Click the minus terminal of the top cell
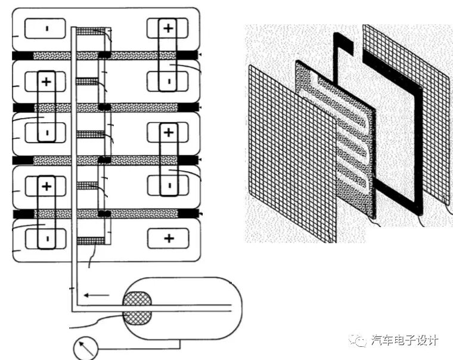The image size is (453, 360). [46, 28]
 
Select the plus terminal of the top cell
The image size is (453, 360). [168, 27]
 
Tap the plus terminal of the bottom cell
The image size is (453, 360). [169, 239]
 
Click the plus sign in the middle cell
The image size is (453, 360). [168, 132]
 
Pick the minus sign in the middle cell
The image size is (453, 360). [46, 134]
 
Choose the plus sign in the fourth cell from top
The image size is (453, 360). [46, 185]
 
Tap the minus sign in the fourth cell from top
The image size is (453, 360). [169, 186]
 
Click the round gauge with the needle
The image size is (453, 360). [85, 348]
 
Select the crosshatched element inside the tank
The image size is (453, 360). [138, 308]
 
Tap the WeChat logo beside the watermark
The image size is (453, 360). [359, 340]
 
